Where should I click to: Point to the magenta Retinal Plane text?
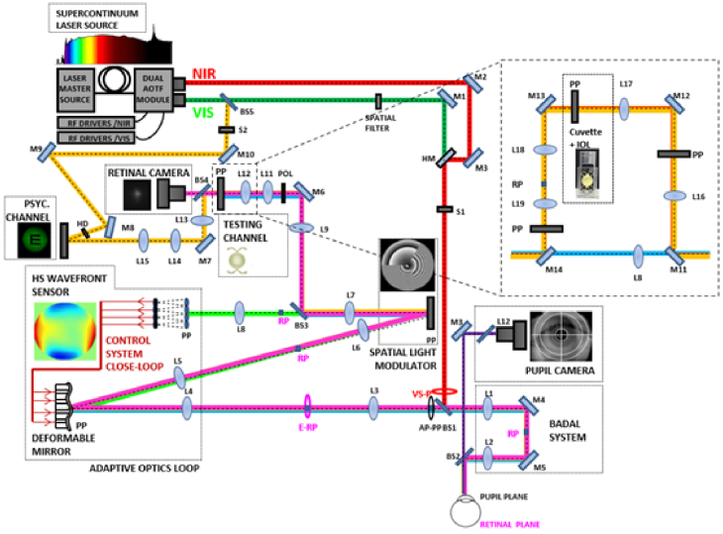(x=520, y=525)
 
